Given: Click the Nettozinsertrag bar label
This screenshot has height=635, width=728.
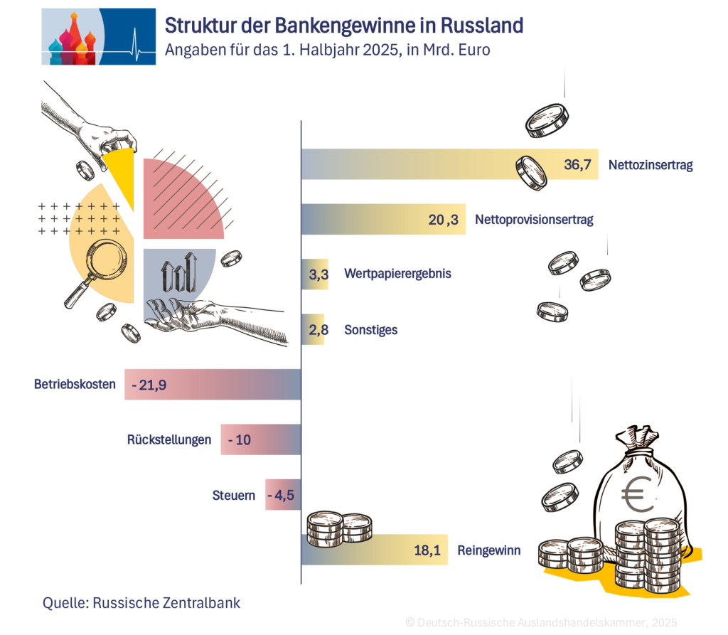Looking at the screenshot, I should (x=650, y=165).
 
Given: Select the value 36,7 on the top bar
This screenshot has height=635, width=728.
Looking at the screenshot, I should (x=577, y=165).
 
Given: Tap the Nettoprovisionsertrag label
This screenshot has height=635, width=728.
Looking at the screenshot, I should (x=533, y=220).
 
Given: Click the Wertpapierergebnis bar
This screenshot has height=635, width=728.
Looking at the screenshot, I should (x=315, y=274).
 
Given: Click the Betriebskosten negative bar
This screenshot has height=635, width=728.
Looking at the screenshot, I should (x=213, y=385).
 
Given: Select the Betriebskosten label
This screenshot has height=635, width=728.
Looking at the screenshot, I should (x=75, y=385).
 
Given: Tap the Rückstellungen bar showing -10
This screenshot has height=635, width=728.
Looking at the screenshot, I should (x=260, y=439).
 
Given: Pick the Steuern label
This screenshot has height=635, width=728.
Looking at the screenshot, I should (x=233, y=495).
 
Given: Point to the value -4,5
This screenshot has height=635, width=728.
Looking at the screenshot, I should (x=282, y=495).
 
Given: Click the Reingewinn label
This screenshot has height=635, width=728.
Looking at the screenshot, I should (x=489, y=550).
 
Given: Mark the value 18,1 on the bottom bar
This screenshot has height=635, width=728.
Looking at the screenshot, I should (x=428, y=550).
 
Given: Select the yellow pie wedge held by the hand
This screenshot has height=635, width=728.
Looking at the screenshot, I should (x=121, y=171).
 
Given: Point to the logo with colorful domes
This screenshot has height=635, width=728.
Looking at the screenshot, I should (x=99, y=37).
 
